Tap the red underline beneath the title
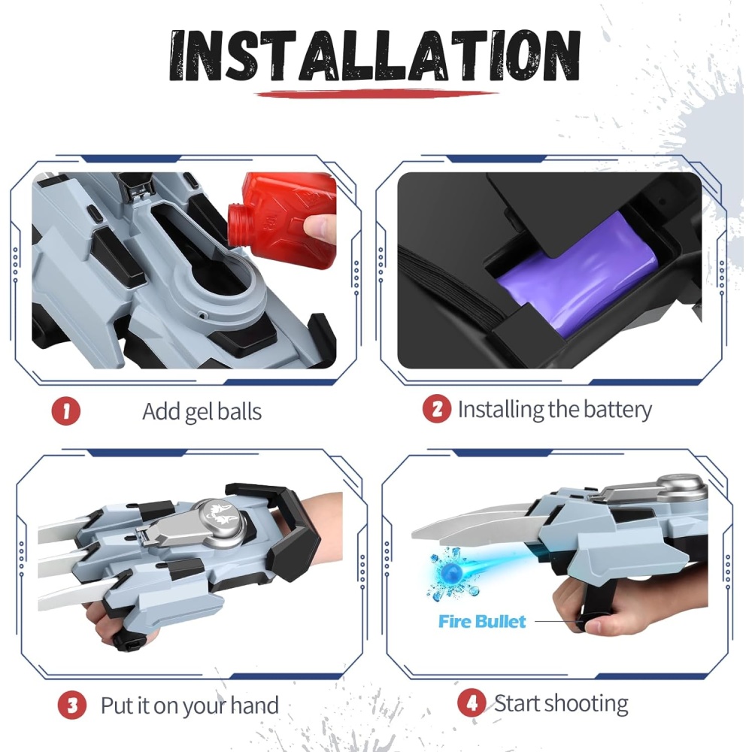coord(377,93)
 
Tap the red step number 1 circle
coord(65,411)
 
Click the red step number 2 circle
coord(436,408)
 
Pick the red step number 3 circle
coord(72,705)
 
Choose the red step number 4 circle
coord(472,703)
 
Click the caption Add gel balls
coord(202,412)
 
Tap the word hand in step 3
coord(254,705)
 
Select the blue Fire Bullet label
coord(482,622)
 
